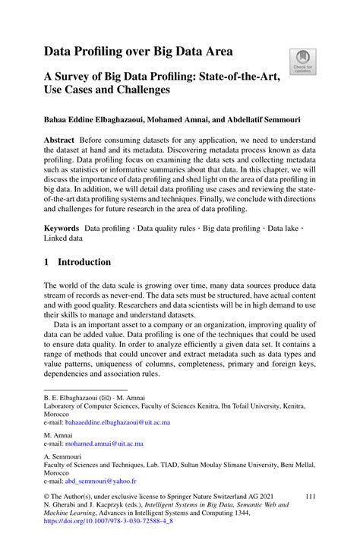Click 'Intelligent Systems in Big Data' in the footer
point(197,525)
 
